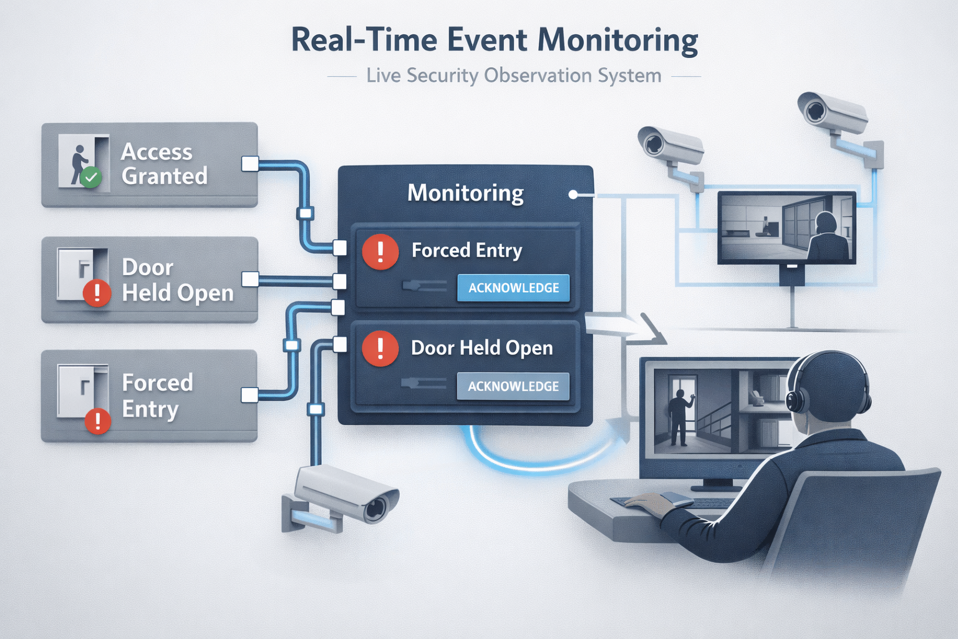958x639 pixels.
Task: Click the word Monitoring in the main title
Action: pos(617,41)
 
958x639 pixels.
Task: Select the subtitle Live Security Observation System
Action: pos(513,76)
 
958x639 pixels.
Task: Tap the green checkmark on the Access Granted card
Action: pos(91,177)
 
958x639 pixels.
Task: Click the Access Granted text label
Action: pos(164,164)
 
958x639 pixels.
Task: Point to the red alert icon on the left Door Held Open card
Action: pos(97,293)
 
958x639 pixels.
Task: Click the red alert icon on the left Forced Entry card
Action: pos(98,421)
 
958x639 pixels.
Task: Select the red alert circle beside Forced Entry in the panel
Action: pos(380,252)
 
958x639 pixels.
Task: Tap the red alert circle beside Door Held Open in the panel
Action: pos(380,348)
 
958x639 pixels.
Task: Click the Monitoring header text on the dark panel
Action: pos(465,193)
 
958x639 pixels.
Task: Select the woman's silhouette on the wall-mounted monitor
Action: pos(826,237)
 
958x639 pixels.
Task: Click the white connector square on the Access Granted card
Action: pos(249,164)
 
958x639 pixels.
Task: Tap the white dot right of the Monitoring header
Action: pos(573,195)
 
